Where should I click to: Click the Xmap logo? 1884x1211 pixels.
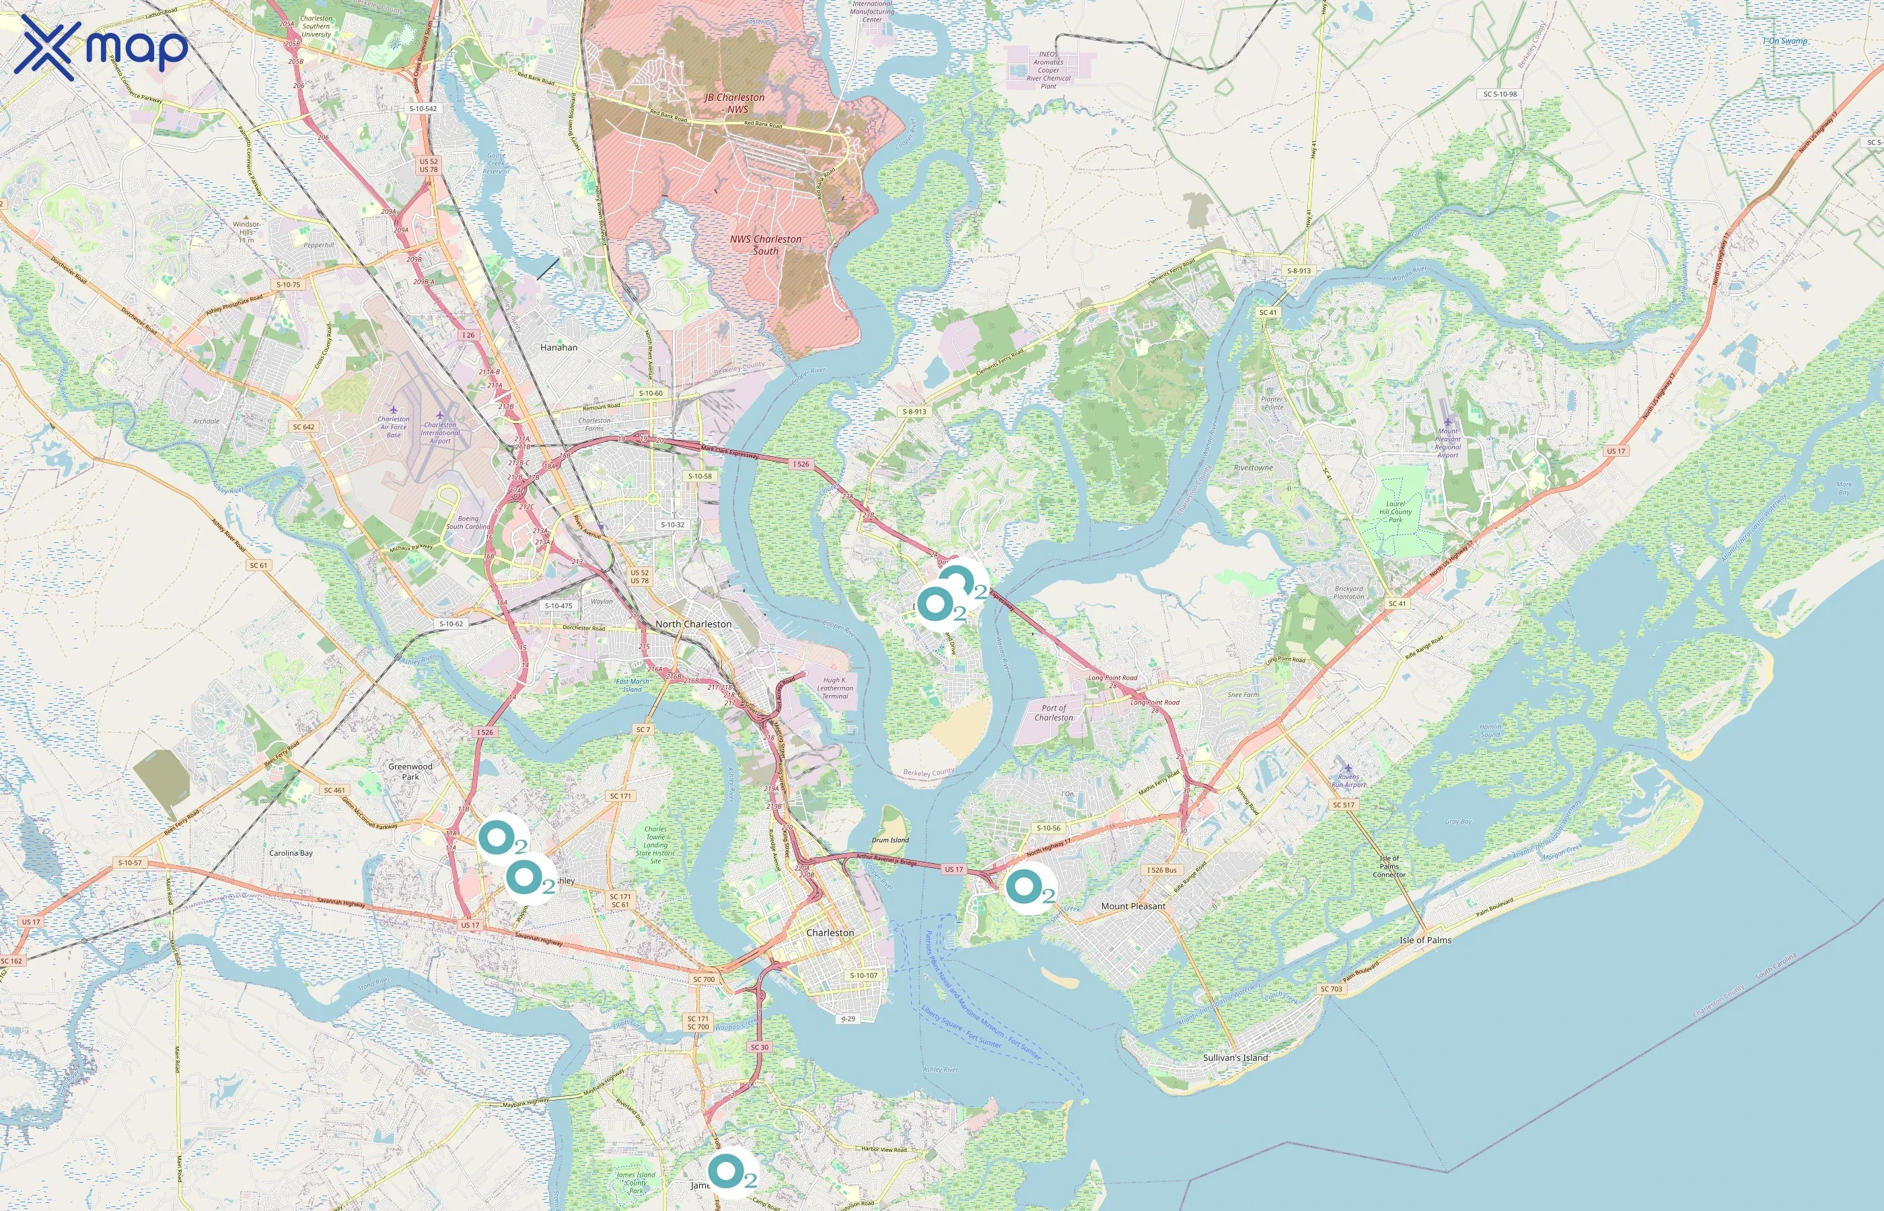tap(101, 48)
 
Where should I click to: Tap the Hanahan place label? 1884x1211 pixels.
tap(558, 346)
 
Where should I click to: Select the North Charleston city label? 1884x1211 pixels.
tap(693, 624)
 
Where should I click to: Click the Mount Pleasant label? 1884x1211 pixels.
tap(1132, 906)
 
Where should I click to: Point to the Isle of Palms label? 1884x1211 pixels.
tap(1425, 940)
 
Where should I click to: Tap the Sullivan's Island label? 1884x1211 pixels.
tap(1235, 1058)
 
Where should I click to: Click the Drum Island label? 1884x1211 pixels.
tap(890, 840)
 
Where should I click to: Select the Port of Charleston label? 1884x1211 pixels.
tap(1054, 712)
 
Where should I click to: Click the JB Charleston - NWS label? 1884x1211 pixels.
tap(733, 103)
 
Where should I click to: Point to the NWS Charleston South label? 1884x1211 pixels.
tap(765, 245)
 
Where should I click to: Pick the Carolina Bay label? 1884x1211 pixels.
tap(291, 852)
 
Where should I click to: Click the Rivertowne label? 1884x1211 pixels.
tap(1253, 467)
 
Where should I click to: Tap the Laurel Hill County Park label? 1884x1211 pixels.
tap(1395, 511)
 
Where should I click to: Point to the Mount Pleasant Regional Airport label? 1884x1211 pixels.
tap(1447, 442)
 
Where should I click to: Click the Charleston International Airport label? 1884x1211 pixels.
tap(439, 433)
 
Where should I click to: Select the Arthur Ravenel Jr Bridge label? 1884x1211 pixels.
tap(886, 862)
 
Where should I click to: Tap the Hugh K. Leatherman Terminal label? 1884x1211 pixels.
tap(834, 688)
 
